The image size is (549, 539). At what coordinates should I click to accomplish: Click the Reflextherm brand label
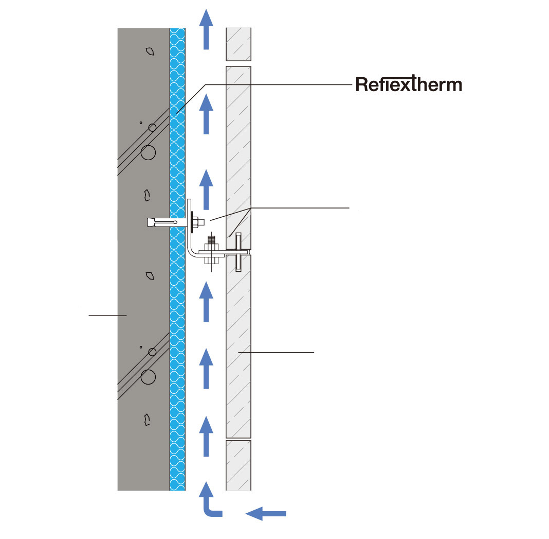409,84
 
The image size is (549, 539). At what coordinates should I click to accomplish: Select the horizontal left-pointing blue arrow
266,513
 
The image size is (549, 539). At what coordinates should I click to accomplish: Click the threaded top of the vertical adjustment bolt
211,241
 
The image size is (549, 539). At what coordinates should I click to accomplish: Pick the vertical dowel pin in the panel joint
239,252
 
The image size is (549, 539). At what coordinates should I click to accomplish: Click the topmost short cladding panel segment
239,45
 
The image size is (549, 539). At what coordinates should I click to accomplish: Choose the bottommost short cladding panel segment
239,465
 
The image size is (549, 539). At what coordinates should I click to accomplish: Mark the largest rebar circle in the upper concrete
148,152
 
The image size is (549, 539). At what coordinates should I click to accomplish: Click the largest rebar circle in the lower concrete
148,377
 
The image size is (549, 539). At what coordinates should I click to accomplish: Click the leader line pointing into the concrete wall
107,315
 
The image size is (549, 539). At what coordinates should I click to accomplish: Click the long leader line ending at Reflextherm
278,84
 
